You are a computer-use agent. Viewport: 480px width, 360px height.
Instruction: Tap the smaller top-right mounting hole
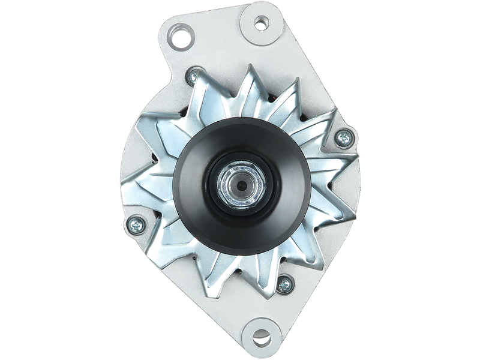[261, 25]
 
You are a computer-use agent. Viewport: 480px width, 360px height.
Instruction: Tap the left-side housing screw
[134, 225]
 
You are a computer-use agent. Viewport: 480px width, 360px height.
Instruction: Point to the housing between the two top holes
[219, 33]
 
